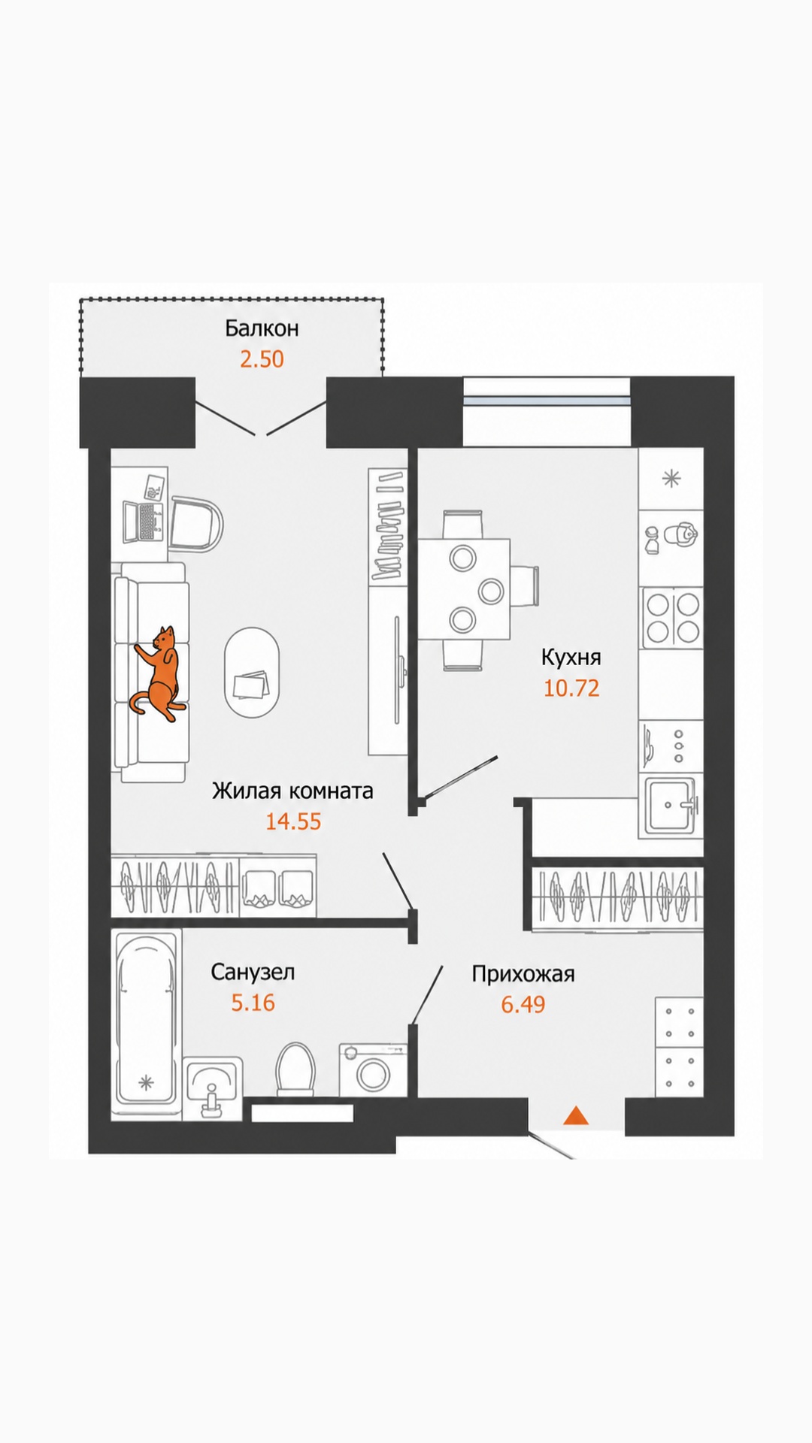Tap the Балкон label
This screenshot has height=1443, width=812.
pyautogui.click(x=262, y=328)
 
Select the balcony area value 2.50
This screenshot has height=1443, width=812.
pyautogui.click(x=262, y=359)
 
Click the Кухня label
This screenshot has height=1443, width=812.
pyautogui.click(x=571, y=658)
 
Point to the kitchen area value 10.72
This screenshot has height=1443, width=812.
pyautogui.click(x=571, y=688)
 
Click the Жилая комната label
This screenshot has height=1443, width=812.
pyautogui.click(x=292, y=791)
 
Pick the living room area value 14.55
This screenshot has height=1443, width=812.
pyautogui.click(x=293, y=821)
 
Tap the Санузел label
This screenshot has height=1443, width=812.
pyautogui.click(x=253, y=972)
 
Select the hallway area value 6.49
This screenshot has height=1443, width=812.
pyautogui.click(x=523, y=1004)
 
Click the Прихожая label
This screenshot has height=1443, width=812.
pyautogui.click(x=523, y=974)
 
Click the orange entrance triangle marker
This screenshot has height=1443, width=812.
pyautogui.click(x=576, y=1116)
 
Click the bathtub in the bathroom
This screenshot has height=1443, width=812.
pyautogui.click(x=147, y=1025)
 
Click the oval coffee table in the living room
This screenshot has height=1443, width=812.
pyautogui.click(x=251, y=673)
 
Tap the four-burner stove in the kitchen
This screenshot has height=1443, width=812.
pyautogui.click(x=672, y=618)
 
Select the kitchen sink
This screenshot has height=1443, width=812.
pyautogui.click(x=671, y=807)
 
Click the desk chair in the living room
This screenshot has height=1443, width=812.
pyautogui.click(x=197, y=523)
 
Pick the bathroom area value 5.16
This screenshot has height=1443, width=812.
pyautogui.click(x=253, y=1003)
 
